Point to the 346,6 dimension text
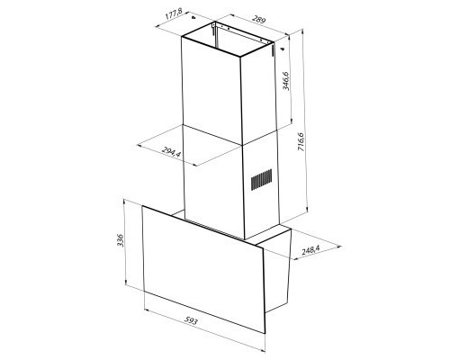(285, 84)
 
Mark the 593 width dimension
(192, 321)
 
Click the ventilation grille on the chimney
(261, 180)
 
